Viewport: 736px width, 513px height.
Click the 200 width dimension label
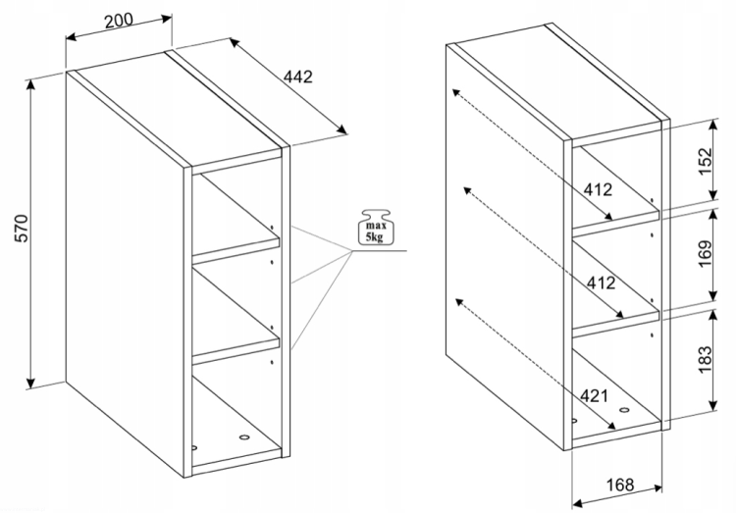[119, 21]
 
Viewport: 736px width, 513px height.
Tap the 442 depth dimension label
[297, 77]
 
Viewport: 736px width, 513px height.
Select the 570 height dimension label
[22, 229]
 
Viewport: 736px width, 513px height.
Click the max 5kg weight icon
[377, 228]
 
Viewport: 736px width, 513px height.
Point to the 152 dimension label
[705, 161]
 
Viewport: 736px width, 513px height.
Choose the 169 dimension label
[705, 253]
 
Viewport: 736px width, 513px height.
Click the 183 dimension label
[705, 360]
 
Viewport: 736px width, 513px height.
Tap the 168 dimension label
[620, 485]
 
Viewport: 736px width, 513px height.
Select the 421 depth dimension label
[594, 395]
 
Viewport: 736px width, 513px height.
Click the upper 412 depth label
[598, 189]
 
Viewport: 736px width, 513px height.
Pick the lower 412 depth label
[601, 282]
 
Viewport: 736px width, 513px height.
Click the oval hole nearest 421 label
[624, 410]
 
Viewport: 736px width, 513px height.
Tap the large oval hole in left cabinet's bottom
[244, 437]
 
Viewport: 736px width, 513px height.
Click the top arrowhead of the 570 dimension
[31, 84]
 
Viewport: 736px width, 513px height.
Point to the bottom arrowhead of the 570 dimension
[31, 383]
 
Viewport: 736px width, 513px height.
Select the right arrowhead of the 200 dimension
[166, 19]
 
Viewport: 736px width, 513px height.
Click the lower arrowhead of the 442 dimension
[342, 128]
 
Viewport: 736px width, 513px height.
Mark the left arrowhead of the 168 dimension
[578, 503]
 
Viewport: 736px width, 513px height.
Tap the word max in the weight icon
[376, 226]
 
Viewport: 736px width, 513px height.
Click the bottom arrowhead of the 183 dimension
[713, 405]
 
